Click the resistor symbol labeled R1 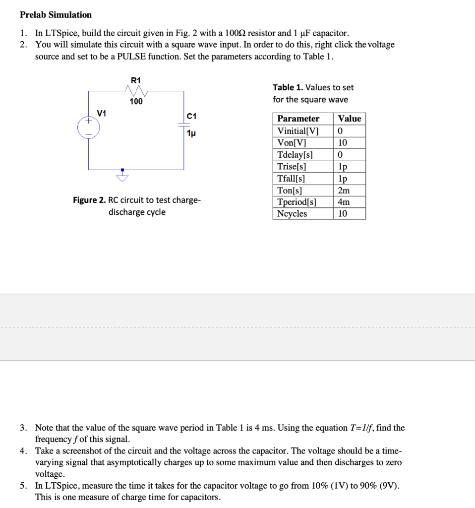[x=135, y=91]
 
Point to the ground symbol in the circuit [x=122, y=175]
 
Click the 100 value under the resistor [x=136, y=102]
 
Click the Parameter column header [x=298, y=119]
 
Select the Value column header [x=350, y=119]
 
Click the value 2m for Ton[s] [x=344, y=190]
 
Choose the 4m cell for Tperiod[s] [x=344, y=202]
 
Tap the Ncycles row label [x=292, y=214]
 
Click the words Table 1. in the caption [x=288, y=87]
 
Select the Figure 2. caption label [x=89, y=200]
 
